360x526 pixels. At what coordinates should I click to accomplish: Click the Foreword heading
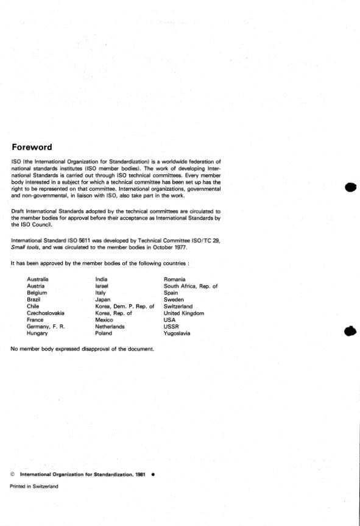pyautogui.click(x=32, y=147)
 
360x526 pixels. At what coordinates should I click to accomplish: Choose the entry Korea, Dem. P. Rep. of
pyautogui.click(x=125, y=307)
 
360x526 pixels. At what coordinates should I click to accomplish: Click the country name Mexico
pyautogui.click(x=105, y=320)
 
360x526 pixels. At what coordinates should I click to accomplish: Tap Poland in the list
pyautogui.click(x=104, y=333)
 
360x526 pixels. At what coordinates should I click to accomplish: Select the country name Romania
pyautogui.click(x=175, y=279)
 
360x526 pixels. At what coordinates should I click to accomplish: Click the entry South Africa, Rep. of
pyautogui.click(x=191, y=286)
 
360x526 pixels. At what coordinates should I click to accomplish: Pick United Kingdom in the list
pyautogui.click(x=184, y=313)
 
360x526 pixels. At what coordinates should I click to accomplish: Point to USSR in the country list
pyautogui.click(x=171, y=327)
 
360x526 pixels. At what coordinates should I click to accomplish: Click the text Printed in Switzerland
pyautogui.click(x=34, y=486)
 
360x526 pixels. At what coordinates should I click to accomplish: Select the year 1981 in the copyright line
pyautogui.click(x=140, y=474)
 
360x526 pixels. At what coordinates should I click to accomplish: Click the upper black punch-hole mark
pyautogui.click(x=350, y=187)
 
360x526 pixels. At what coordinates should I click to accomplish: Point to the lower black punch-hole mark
pyautogui.click(x=350, y=332)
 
